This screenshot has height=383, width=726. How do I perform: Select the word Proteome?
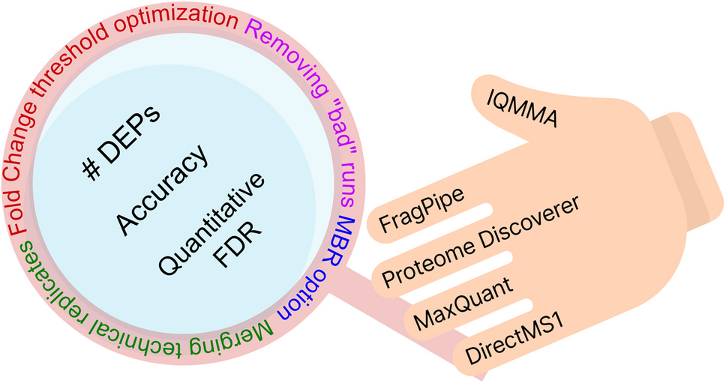[x=424, y=265]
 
